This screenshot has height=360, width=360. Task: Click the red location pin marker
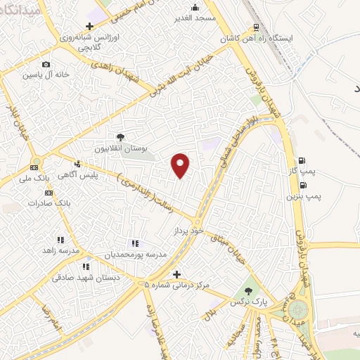coord(181,165)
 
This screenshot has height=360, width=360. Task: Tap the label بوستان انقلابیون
coord(122,149)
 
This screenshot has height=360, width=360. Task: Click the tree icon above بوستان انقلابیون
coord(120,138)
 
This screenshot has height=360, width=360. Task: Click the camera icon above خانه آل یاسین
coord(46,65)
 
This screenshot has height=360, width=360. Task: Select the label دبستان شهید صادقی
coord(84,278)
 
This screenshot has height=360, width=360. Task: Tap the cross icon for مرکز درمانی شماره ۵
coord(176,274)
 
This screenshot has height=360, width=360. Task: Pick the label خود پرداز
coord(187,231)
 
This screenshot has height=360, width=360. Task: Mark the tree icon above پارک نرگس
coord(247,291)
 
